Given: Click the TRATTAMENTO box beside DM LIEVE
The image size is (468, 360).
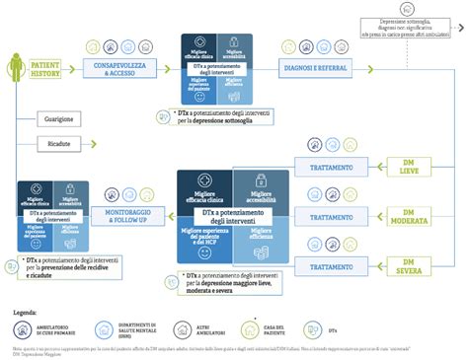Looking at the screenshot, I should [x=331, y=168].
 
